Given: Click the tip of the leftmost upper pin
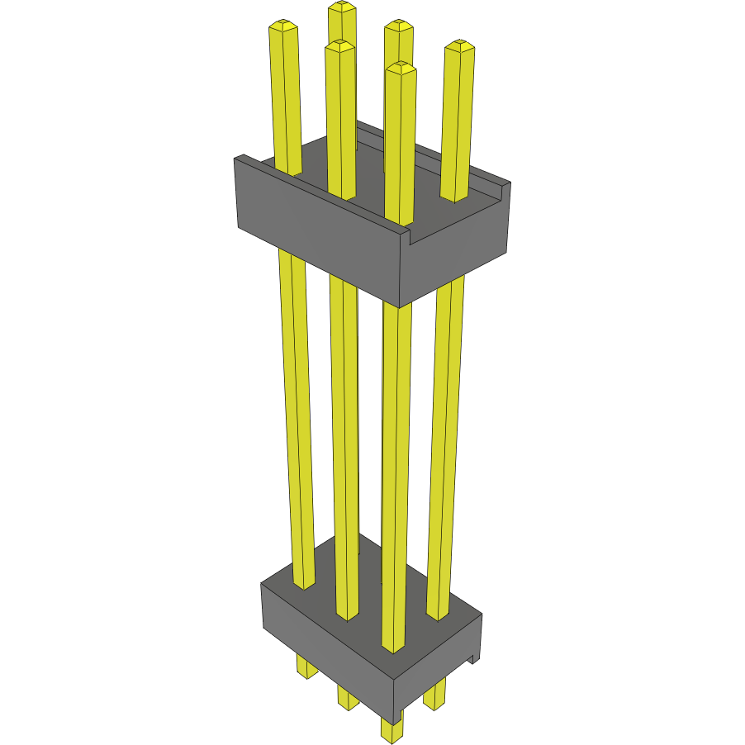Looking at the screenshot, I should pyautogui.click(x=282, y=26).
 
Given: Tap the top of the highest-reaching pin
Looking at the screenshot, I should pyautogui.click(x=342, y=7).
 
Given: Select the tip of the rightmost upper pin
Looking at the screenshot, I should pyautogui.click(x=460, y=46).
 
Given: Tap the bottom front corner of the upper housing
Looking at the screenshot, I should pyautogui.click(x=400, y=306).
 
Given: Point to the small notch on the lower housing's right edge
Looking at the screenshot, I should pyautogui.click(x=473, y=657).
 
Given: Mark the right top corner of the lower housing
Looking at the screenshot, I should pyautogui.click(x=481, y=615).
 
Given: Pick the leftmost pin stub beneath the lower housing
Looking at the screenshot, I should pyautogui.click(x=306, y=669).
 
